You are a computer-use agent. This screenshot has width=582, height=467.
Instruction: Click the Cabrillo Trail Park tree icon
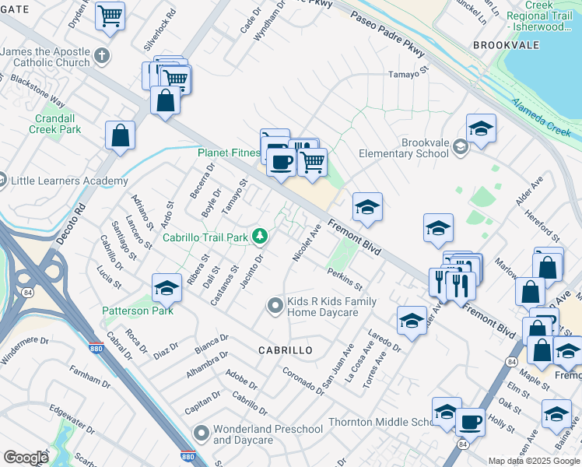point(263,236)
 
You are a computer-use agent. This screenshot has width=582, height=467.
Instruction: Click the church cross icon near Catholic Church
point(102,56)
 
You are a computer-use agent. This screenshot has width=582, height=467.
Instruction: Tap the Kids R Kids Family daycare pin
point(274,306)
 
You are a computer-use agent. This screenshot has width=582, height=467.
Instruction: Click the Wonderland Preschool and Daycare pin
point(202,432)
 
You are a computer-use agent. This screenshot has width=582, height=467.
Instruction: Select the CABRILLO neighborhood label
point(286,350)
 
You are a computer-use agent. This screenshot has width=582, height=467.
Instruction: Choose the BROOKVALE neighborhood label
point(507,46)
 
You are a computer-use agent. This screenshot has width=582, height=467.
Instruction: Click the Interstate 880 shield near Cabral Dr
point(96,345)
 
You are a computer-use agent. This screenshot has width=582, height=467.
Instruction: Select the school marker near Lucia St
point(166,289)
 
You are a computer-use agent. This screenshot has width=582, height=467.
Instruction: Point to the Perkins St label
point(345,277)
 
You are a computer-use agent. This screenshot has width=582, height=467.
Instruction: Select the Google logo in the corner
point(26,458)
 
